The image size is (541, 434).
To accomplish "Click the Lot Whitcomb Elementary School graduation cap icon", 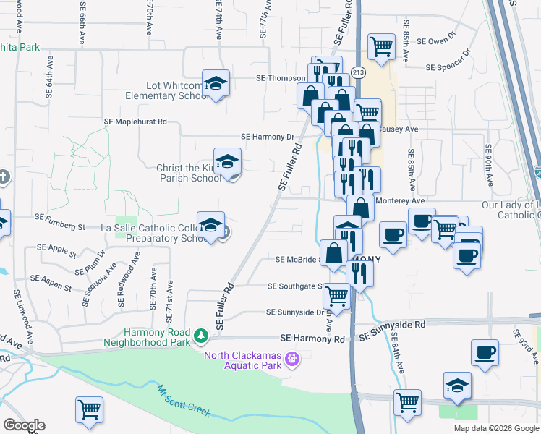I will pos(216,84).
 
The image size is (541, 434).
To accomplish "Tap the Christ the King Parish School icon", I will pos(227,161).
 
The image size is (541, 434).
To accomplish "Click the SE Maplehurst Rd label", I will pos(136,122).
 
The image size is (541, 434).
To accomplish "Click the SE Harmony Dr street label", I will pos(268,136).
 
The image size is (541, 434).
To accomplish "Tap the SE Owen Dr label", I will pos(436,36).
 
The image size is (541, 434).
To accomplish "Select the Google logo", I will pos(24,425).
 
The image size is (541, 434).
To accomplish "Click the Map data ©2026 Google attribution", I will pos(495,428).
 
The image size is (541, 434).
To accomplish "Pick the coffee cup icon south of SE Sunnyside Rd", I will pos(485,353).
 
